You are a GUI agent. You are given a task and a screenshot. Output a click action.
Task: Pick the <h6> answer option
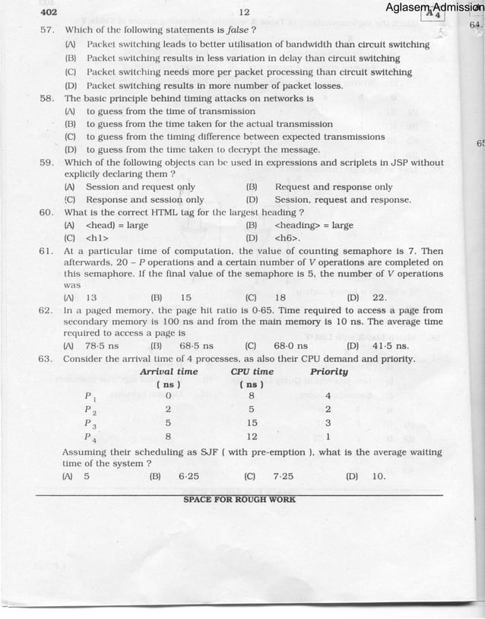pyautogui.click(x=287, y=239)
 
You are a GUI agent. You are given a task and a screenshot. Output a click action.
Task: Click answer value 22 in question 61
pyautogui.click(x=380, y=297)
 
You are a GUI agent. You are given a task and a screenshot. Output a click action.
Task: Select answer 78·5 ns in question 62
pyautogui.click(x=102, y=346)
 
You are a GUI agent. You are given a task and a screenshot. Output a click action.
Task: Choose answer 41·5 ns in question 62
pyautogui.click(x=391, y=346)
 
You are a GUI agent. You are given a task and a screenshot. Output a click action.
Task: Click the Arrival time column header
pyautogui.click(x=169, y=372)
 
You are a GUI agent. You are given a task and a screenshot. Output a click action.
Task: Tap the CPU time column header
pyautogui.click(x=252, y=372)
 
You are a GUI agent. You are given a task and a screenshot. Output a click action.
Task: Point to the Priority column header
pyautogui.click(x=329, y=372)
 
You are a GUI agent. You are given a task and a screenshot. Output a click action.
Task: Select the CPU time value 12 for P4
pyautogui.click(x=252, y=436)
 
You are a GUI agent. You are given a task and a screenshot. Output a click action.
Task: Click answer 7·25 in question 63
pyautogui.click(x=283, y=477)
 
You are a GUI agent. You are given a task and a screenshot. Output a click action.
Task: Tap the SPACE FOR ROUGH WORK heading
pyautogui.click(x=239, y=500)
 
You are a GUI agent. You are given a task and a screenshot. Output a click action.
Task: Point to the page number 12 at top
pyautogui.click(x=244, y=12)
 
